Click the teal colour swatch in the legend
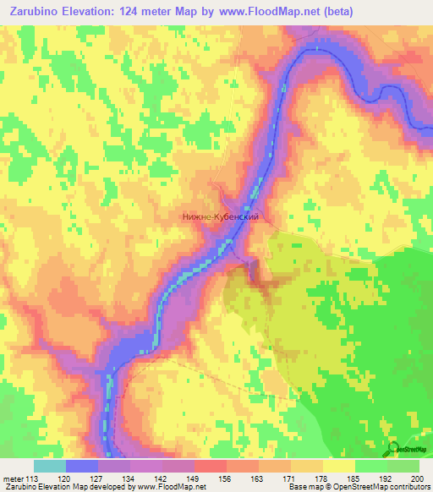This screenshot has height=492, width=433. (50, 466)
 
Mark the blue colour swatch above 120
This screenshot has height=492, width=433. (82, 466)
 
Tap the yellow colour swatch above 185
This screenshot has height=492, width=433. (338, 466)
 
